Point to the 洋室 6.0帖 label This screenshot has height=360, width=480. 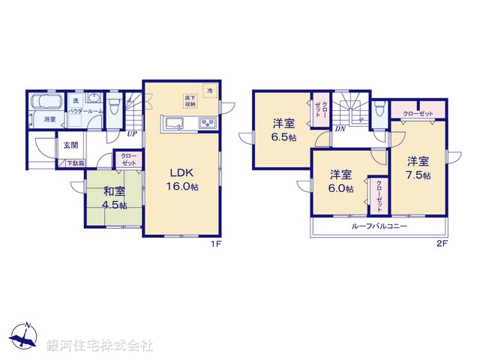(x=340, y=182)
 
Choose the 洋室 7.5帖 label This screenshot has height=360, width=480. (x=418, y=167)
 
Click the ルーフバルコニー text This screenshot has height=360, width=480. (x=376, y=226)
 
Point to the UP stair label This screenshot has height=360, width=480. (x=131, y=134)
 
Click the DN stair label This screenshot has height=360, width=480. (x=340, y=128)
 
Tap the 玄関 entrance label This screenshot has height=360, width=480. (x=70, y=145)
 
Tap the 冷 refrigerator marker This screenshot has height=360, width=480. (x=210, y=91)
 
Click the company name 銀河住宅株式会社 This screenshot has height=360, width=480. (x=100, y=346)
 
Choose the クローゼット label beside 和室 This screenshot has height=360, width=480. (x=129, y=160)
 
